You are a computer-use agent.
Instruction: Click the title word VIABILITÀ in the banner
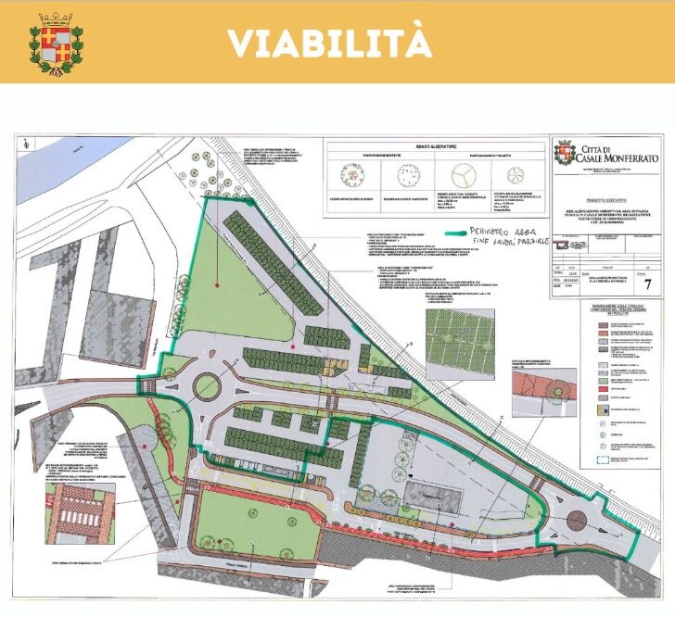click(328, 42)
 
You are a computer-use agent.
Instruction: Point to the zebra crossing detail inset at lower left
click(78, 511)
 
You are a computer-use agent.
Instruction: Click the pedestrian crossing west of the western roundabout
click(146, 383)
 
